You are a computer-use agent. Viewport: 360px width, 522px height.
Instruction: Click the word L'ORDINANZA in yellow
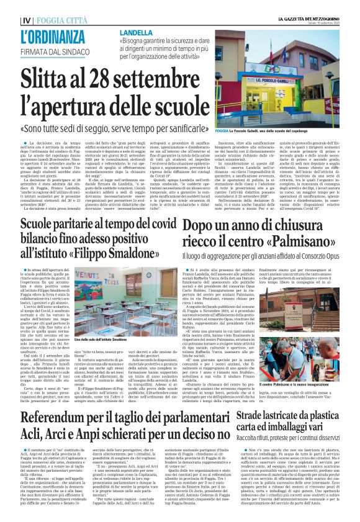pos(43,37)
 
